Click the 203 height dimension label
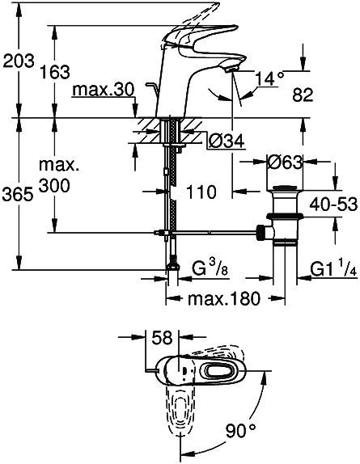(x=19, y=61)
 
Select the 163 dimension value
(x=55, y=72)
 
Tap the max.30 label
(x=104, y=90)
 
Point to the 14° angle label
(x=269, y=78)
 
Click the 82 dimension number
(x=303, y=95)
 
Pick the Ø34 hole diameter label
(x=227, y=141)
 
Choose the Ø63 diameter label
(x=285, y=162)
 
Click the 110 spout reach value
(x=201, y=192)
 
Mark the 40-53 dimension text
(x=333, y=205)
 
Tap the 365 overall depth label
(x=18, y=195)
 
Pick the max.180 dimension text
(x=224, y=298)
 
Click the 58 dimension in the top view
(x=162, y=338)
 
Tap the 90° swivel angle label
(x=241, y=431)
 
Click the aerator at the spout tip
(x=231, y=70)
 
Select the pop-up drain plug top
(x=284, y=188)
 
